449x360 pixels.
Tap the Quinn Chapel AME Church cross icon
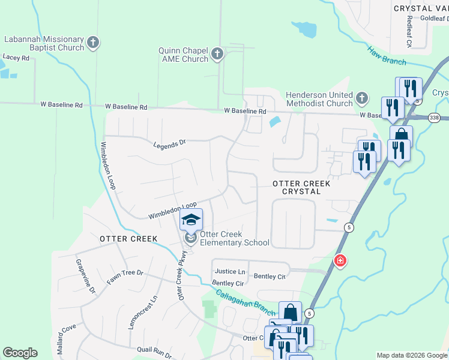217,55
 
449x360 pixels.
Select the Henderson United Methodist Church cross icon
361,98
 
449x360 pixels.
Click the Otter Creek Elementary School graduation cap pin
191,220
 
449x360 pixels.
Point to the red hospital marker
340,261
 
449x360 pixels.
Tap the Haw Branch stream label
387,56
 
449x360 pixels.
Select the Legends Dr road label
170,144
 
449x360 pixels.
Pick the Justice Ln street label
230,272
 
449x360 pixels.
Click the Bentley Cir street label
228,283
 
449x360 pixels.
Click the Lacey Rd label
16,58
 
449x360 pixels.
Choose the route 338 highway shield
435,118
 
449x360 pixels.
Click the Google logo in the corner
20,353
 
